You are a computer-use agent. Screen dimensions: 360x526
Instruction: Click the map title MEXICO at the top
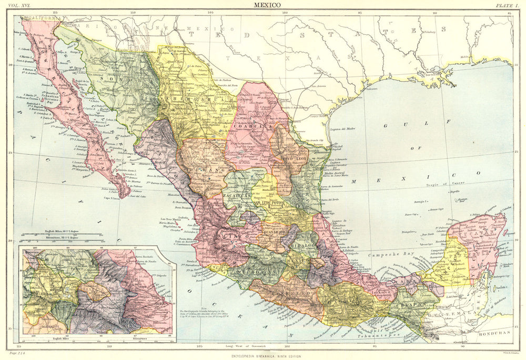[267, 4]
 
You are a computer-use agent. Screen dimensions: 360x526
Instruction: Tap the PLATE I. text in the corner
[507, 5]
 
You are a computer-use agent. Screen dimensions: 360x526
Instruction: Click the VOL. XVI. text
[17, 5]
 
